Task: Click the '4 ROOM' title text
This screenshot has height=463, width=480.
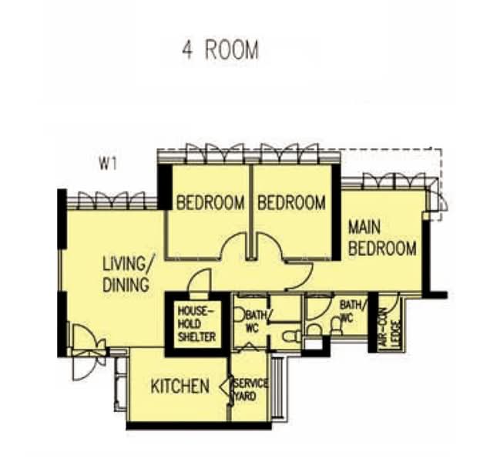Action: [x=220, y=50]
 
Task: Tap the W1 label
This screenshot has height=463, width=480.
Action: [x=108, y=164]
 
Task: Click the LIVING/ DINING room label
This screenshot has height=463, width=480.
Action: [x=128, y=274]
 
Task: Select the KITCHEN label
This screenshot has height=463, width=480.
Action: [x=180, y=386]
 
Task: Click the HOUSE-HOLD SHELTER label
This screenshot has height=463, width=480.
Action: [x=196, y=324]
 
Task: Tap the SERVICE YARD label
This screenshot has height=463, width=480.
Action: [x=250, y=390]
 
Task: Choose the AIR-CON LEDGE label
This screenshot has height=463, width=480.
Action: [x=389, y=328]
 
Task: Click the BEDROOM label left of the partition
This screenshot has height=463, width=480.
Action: [x=210, y=203]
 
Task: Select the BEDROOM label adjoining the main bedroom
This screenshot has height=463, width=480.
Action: [x=291, y=203]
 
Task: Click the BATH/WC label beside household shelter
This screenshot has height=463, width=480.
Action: [x=255, y=321]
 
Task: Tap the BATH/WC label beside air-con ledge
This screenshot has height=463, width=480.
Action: [x=352, y=311]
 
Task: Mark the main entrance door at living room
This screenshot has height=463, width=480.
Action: [x=89, y=353]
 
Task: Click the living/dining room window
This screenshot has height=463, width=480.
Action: [x=112, y=200]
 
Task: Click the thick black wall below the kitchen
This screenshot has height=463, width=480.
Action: [x=199, y=426]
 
